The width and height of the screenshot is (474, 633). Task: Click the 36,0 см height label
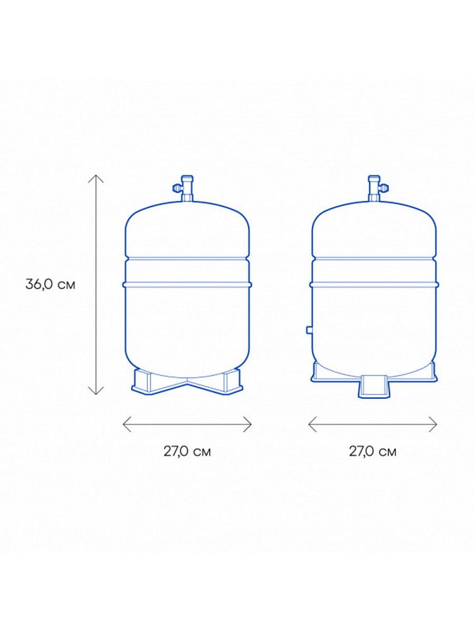[x=51, y=285]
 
